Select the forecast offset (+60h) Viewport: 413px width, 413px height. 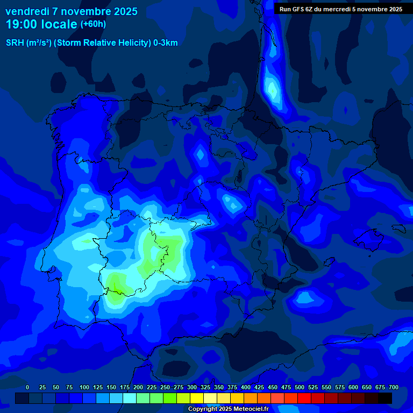click(93, 24)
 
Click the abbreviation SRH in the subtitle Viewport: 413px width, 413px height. click(15, 43)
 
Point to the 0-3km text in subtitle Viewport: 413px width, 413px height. click(166, 43)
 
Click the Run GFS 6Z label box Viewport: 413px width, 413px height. click(341, 9)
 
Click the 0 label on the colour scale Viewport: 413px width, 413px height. click(27, 387)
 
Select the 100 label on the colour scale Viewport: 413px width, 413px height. click(84, 387)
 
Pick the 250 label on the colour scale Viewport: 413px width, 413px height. click(165, 387)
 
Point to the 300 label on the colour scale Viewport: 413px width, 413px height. click(192, 387)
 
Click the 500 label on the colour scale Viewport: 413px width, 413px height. click(300, 387)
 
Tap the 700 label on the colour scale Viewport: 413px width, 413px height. click(394, 387)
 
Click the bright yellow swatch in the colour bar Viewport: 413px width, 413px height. click(197, 398)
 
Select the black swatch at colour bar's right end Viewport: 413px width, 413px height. click(385, 398)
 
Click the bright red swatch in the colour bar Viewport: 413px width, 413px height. click(304, 398)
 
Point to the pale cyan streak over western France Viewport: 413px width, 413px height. click(272, 86)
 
